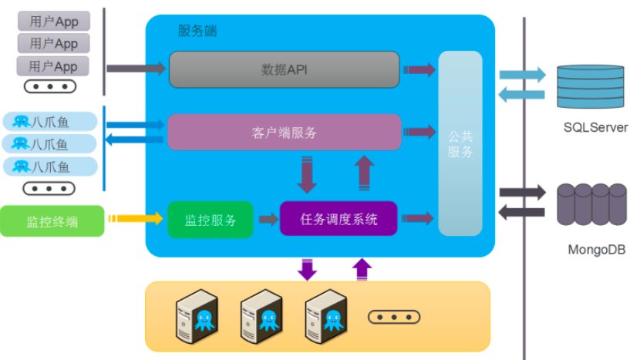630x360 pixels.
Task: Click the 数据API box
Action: click(x=284, y=69)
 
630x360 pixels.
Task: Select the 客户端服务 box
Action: click(x=284, y=132)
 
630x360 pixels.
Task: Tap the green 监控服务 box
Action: click(x=210, y=220)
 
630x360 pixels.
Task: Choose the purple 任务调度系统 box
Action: click(x=339, y=220)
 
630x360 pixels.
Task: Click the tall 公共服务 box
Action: click(x=460, y=143)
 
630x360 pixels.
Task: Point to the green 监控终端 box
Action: click(x=53, y=220)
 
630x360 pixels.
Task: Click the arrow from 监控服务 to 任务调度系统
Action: click(x=268, y=220)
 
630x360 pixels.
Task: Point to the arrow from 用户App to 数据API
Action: click(x=135, y=69)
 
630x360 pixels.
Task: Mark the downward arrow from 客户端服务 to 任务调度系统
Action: click(x=308, y=175)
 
